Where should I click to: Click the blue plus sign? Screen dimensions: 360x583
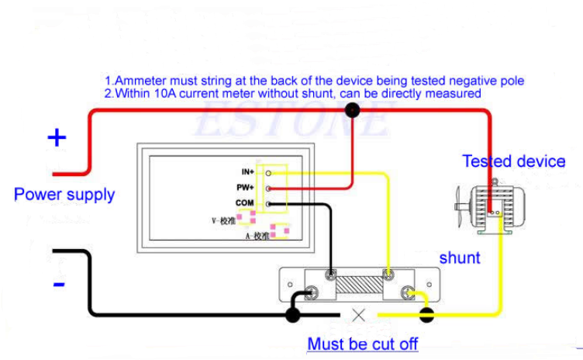[x=57, y=138]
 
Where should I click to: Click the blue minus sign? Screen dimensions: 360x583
[x=59, y=285]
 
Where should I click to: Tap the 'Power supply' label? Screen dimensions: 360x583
[x=64, y=194]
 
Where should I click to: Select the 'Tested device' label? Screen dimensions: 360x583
[x=514, y=161]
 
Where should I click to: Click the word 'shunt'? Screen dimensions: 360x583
[x=460, y=258]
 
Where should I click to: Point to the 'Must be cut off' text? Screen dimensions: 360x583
[x=363, y=343]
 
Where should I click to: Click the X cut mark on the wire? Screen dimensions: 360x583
[x=359, y=315]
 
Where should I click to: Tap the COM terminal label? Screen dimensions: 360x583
[x=244, y=203]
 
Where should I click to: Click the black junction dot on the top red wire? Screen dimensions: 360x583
[x=353, y=110]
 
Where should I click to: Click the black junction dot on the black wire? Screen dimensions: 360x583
[x=293, y=315]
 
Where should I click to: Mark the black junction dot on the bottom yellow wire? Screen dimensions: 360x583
[x=426, y=315]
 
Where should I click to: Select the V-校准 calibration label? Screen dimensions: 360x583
[x=223, y=220]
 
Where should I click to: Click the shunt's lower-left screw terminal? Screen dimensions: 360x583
[x=312, y=292]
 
